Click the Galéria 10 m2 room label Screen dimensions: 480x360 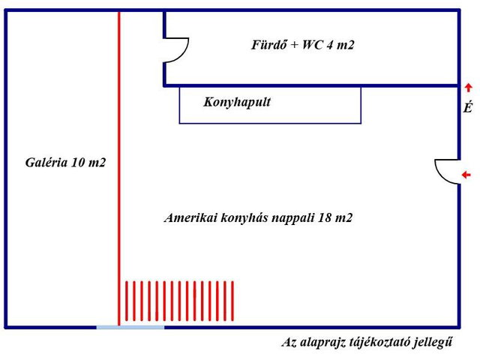65,162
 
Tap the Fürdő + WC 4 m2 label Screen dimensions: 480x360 303,45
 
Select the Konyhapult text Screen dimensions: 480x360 237,102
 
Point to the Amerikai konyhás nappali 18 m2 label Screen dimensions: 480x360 258,217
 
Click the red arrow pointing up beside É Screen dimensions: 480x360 468,88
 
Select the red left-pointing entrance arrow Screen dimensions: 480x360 466,175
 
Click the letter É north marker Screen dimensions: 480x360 467,106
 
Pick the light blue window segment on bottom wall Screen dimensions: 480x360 130,328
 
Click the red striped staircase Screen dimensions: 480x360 179,301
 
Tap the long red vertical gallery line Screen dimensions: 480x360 119,169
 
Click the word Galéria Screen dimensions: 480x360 46,162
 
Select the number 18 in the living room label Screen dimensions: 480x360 325,217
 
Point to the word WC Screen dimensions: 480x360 313,45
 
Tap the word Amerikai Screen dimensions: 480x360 190,217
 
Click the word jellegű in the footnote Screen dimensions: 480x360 433,342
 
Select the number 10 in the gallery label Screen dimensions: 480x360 78,162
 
